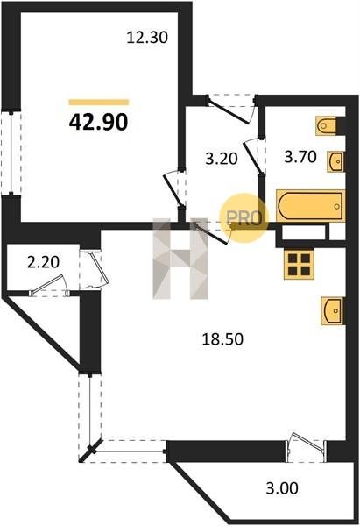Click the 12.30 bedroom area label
coord(147,37)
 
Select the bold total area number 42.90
coord(99,122)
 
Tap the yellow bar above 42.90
coord(99,103)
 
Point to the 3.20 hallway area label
coord(222,159)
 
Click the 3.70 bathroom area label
coord(300,157)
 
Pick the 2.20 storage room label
coord(43,262)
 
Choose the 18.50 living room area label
coord(222,339)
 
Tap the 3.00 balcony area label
coord(282,488)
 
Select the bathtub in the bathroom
coord(311,206)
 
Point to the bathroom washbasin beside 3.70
coord(336,161)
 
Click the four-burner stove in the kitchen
coord(299,265)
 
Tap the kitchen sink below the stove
coord(333,311)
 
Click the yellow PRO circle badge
coord(244,218)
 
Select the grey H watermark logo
coord(180,259)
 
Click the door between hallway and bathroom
coord(255,156)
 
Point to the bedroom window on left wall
coord(11,153)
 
